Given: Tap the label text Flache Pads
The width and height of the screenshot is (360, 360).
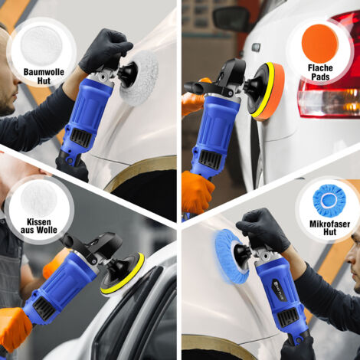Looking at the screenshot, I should point(320,73).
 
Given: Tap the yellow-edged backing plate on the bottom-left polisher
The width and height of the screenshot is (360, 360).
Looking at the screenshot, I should point(123,276).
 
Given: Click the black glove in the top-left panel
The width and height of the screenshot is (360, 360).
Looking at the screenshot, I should point(105,48).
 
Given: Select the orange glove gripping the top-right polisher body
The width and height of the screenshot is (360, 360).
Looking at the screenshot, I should point(198,191).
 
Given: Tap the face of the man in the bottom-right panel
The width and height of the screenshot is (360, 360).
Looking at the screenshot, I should point(353,257).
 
